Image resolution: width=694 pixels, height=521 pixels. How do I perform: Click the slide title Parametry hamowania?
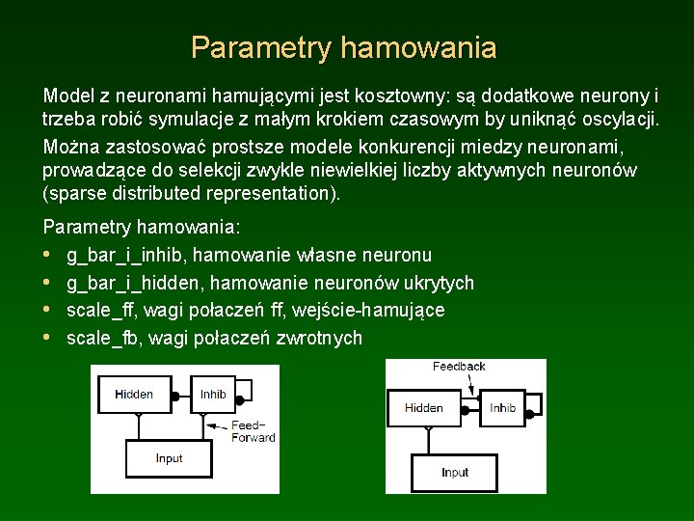344,47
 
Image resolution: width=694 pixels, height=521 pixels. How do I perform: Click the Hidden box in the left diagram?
134,394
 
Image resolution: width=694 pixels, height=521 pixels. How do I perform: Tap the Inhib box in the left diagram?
213,394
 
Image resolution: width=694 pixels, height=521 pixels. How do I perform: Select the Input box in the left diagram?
169,457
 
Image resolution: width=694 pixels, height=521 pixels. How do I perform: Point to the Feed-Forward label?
253,431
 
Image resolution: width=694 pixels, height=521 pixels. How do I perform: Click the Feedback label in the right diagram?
459,367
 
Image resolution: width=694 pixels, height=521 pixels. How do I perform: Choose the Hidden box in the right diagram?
424,407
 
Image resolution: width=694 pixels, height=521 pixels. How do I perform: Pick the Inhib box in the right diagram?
502,407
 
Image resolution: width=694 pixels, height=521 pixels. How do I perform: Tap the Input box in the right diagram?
455,472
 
